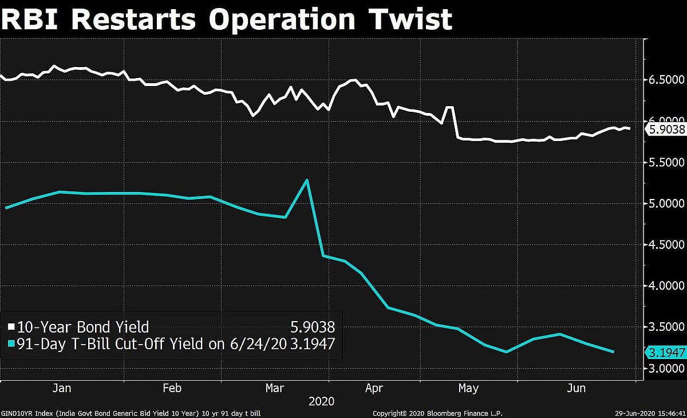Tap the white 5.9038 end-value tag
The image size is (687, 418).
coord(666,130)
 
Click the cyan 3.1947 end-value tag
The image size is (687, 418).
coord(666,352)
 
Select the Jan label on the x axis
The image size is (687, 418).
coord(61,388)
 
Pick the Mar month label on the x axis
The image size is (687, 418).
coord(275,388)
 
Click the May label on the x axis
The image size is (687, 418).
coord(468,388)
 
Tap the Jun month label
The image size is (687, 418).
coord(576,388)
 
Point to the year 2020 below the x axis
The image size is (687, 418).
coord(321,400)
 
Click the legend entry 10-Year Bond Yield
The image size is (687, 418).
coord(83,327)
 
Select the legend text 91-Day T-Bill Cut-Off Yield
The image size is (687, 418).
coord(109,344)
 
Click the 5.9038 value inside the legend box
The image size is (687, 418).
coord(312,327)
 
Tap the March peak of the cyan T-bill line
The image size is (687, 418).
coord(307,180)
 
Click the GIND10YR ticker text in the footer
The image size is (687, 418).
coord(17,413)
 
